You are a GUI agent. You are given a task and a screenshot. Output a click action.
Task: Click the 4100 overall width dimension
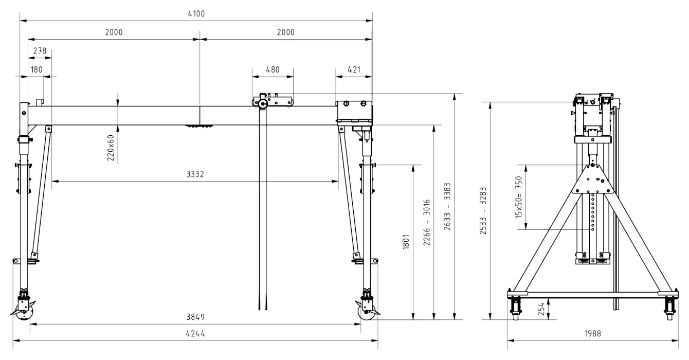(x=196, y=14)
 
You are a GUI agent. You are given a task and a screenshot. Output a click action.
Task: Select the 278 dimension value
(x=40, y=51)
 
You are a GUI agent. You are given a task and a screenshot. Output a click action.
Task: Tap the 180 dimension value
(x=37, y=70)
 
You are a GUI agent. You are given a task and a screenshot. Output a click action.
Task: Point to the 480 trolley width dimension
(x=273, y=70)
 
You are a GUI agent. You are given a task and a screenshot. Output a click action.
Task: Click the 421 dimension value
(x=354, y=70)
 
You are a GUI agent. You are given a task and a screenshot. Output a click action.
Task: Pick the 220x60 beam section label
(x=111, y=148)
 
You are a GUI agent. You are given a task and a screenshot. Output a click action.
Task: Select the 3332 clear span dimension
(x=195, y=174)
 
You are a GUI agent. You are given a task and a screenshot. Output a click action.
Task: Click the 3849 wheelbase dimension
(x=195, y=317)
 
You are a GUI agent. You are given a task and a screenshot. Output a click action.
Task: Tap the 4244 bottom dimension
(x=195, y=334)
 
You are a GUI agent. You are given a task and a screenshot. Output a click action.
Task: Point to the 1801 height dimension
(x=406, y=242)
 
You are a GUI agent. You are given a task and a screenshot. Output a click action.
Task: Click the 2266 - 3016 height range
(x=427, y=223)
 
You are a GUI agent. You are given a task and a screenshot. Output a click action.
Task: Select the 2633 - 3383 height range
(x=447, y=206)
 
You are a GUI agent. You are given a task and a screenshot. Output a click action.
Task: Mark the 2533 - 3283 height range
(x=483, y=211)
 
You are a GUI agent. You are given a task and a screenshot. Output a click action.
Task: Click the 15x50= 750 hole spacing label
(x=519, y=197)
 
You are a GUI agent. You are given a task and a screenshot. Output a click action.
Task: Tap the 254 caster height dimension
(x=541, y=309)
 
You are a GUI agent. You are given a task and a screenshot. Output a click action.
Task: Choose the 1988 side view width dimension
(x=593, y=334)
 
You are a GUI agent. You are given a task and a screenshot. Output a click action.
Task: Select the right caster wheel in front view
(x=367, y=312)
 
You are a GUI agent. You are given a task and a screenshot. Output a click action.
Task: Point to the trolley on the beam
(x=273, y=101)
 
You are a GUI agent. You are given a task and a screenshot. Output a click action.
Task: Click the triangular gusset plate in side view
(x=593, y=179)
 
